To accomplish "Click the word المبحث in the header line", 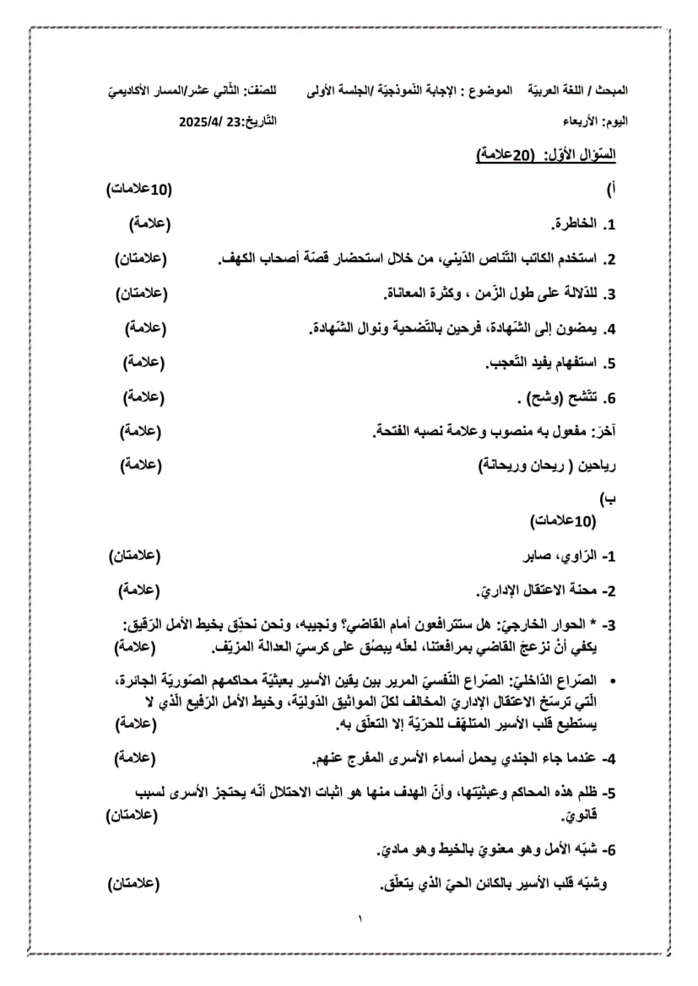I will click(610, 89).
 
